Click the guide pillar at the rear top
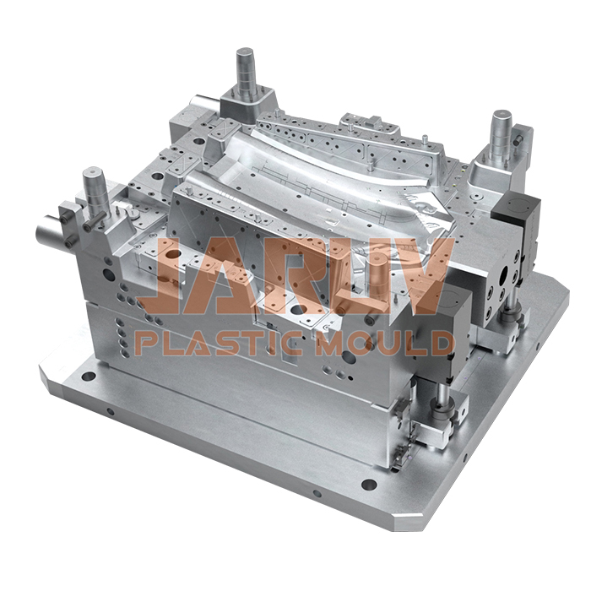click(246, 72)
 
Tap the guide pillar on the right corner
click(503, 131)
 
